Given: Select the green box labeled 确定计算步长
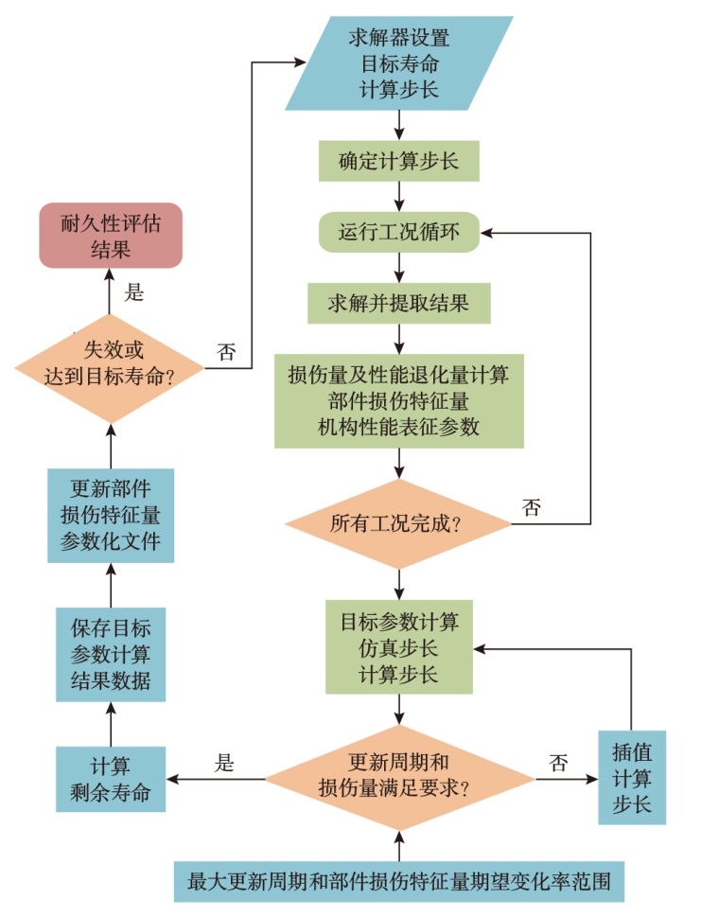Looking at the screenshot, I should (398, 161).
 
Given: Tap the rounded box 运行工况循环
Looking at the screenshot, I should (398, 232).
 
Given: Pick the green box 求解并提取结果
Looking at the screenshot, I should (398, 303).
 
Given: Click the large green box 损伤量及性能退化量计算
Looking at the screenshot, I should (398, 400).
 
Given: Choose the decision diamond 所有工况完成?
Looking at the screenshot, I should (398, 523).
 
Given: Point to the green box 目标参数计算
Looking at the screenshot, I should (398, 648).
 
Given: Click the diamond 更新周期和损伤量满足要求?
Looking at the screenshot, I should (398, 779).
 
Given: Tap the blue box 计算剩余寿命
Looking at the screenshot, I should (111, 779).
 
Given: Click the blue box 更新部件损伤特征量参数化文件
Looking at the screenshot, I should (111, 516).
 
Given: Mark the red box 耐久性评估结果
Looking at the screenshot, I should (111, 236).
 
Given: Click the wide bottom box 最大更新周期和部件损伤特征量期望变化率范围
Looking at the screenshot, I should (398, 882).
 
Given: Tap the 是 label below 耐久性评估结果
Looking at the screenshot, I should (135, 294).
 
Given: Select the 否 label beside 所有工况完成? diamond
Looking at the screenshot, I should (532, 507).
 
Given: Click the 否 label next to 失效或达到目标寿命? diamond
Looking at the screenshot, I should (227, 353).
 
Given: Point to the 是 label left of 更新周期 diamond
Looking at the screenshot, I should (224, 763).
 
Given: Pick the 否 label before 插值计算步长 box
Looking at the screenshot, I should (559, 763).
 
